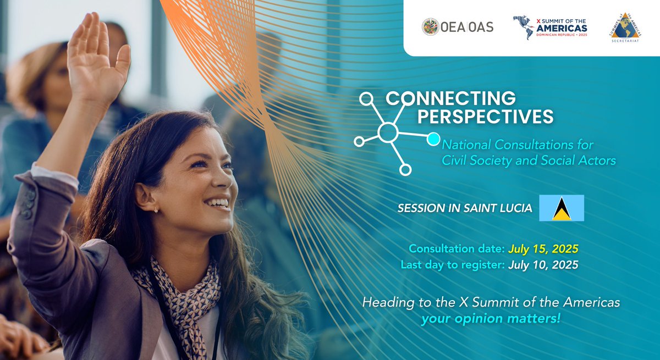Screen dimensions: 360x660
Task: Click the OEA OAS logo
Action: [457, 26]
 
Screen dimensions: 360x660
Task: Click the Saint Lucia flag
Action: [561, 208]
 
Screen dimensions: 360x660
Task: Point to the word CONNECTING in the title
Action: [450, 98]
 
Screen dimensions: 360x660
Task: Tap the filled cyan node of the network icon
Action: [433, 139]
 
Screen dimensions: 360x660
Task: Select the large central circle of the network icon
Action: [388, 132]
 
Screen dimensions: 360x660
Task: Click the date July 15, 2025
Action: [543, 248]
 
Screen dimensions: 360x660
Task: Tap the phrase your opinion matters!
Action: [491, 318]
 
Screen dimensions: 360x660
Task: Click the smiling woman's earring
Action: [156, 209]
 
